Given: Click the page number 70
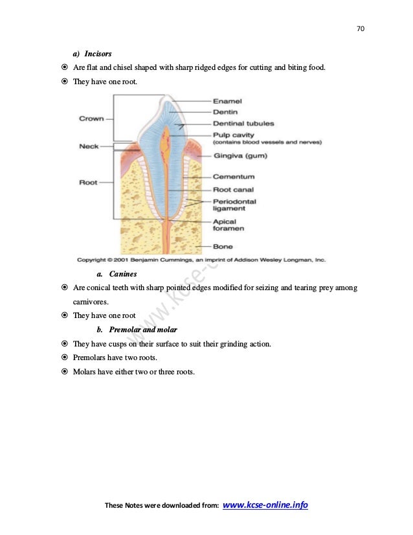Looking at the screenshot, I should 361,28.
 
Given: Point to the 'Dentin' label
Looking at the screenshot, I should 225,112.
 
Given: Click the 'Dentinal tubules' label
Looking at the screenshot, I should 243,123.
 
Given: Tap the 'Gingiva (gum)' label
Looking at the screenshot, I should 240,156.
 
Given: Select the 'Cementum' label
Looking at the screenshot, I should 234,176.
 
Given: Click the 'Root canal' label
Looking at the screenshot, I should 235,190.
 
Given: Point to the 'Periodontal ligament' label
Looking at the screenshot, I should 234,205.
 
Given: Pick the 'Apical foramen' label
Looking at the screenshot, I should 229,225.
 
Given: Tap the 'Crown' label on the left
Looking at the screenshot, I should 91,119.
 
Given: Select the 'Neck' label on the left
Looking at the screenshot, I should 89,146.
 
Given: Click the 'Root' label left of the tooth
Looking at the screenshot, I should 88,183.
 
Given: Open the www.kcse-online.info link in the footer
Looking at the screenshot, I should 265,505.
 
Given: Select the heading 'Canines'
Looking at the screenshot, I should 122,274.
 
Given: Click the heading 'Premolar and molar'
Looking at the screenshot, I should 140,330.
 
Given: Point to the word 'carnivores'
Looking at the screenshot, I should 91,301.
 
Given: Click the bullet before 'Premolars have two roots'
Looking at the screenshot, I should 65,358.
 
